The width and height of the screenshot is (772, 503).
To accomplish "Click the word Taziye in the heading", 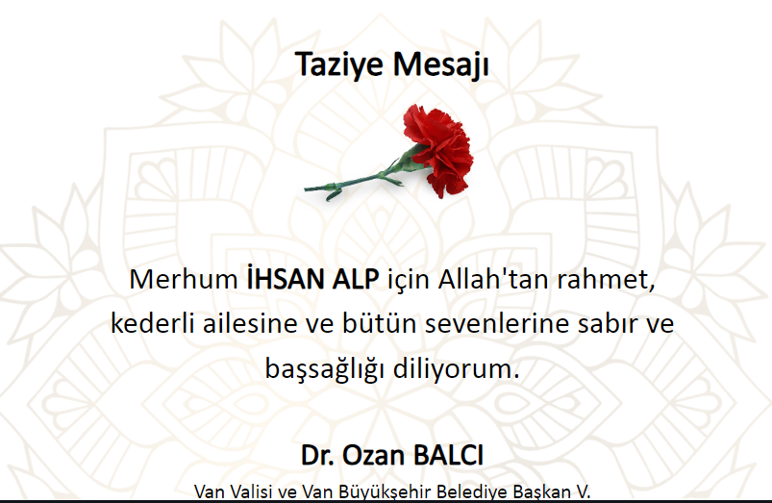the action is click(x=338, y=64).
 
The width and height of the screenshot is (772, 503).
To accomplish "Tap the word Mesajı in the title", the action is click(x=440, y=64).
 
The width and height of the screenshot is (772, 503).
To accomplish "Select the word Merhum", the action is click(x=184, y=279).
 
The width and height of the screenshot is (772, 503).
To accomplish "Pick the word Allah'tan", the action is click(x=493, y=279).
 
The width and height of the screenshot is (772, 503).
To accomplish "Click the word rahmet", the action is click(x=606, y=280).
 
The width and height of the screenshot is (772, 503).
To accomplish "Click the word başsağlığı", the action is click(x=324, y=369).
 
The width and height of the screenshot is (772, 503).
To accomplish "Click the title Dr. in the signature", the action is click(x=317, y=455).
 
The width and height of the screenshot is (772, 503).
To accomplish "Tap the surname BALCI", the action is click(x=449, y=455).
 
